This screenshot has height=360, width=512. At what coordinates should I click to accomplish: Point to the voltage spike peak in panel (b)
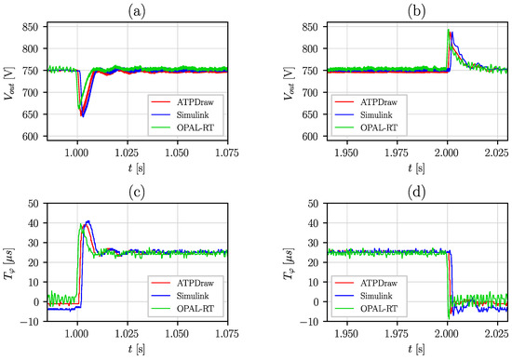(x=450, y=31)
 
